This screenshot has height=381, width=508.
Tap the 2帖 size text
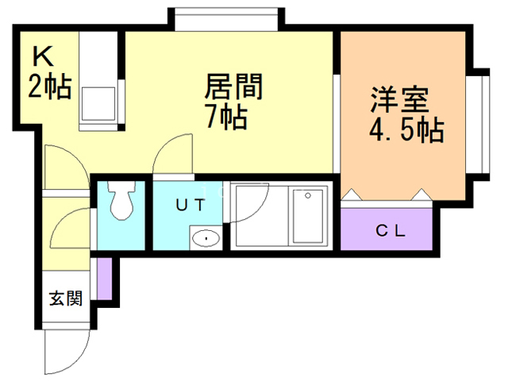pyautogui.click(x=50, y=86)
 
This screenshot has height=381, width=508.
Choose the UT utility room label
pyautogui.click(x=190, y=204)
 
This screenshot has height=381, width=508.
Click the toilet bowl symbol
pyautogui.click(x=121, y=203)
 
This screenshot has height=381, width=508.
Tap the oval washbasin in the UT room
pyautogui.click(x=206, y=237)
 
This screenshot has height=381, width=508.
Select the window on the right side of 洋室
pyautogui.click(x=479, y=123)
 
